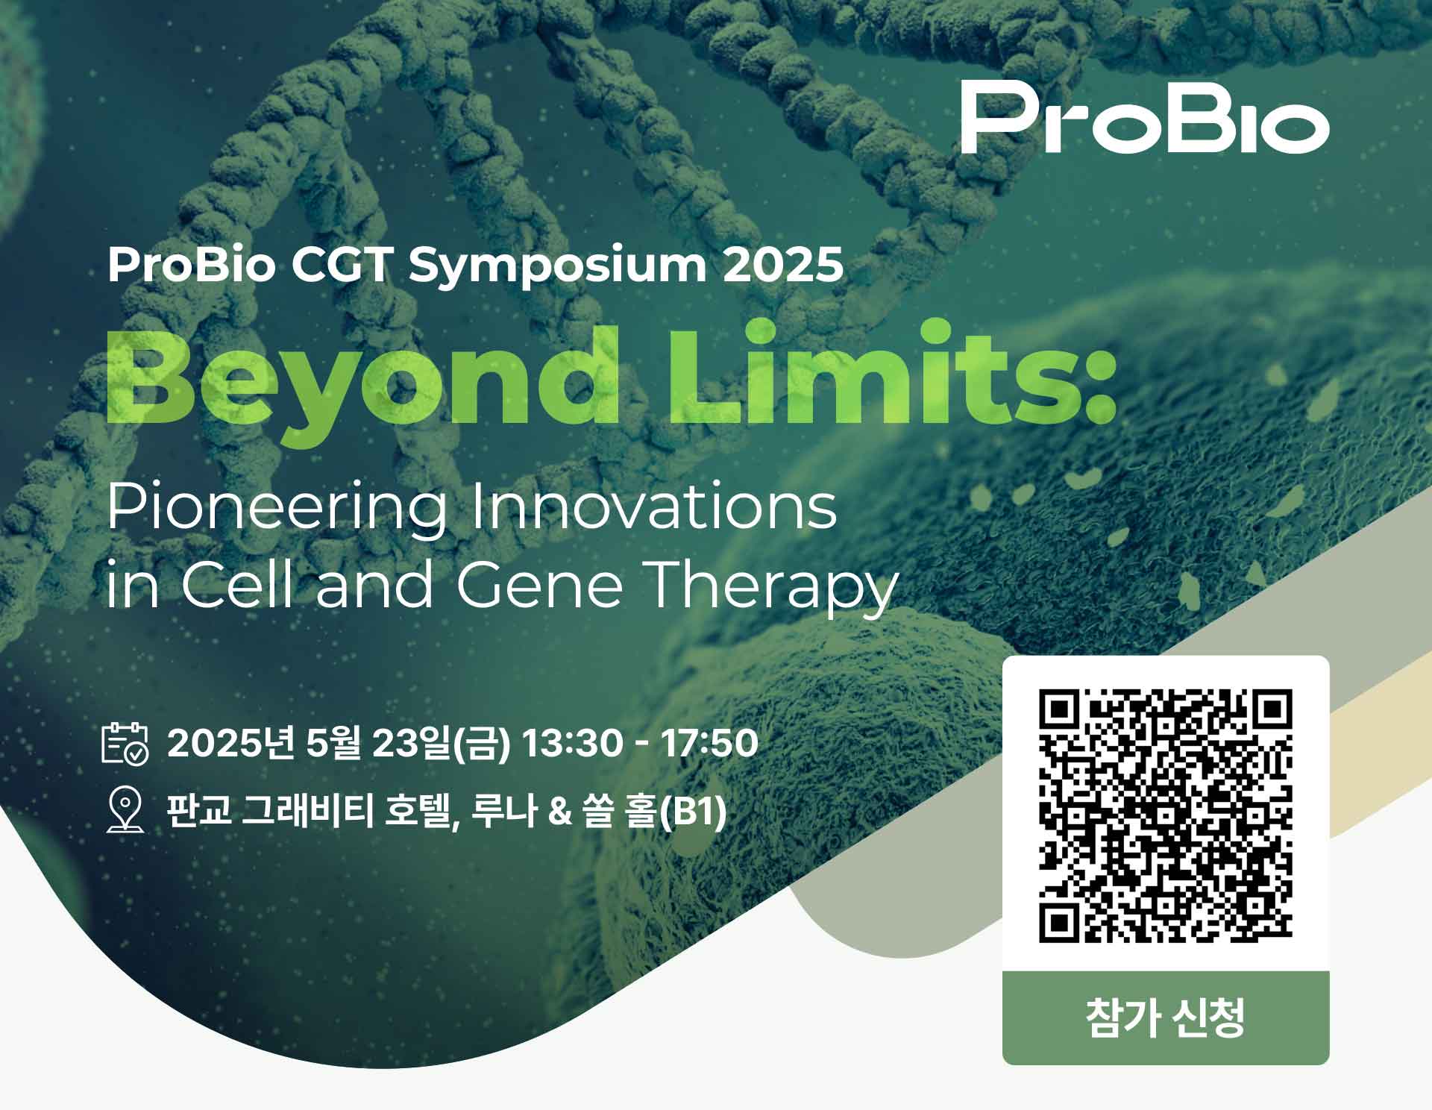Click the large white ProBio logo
click(x=1145, y=117)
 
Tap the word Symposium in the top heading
click(x=556, y=266)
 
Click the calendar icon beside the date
click(x=125, y=742)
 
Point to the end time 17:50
click(x=709, y=743)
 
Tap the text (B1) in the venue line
click(x=693, y=812)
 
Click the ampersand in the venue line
click(x=559, y=812)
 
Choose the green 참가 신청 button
click(x=1166, y=1017)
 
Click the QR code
click(x=1166, y=815)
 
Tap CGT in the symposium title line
click(x=342, y=265)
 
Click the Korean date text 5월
click(x=333, y=743)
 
